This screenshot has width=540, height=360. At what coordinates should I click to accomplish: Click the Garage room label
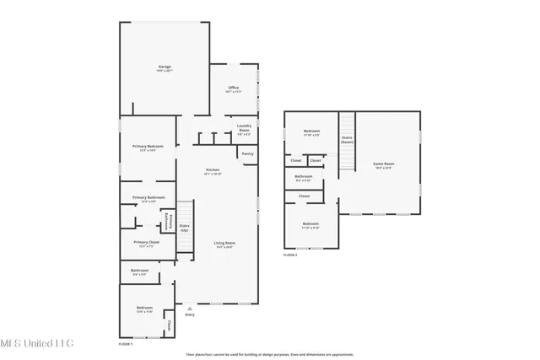click(x=165, y=67)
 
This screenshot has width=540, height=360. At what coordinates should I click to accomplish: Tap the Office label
click(x=235, y=88)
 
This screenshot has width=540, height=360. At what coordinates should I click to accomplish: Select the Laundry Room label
click(x=244, y=130)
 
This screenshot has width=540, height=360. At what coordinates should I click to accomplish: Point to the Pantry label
click(x=247, y=153)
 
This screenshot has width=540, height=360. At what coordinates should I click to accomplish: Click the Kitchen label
click(x=213, y=171)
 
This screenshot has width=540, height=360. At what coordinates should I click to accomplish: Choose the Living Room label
click(x=224, y=244)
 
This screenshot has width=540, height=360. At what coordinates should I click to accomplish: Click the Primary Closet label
click(x=145, y=244)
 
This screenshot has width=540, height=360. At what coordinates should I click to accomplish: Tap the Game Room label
click(x=384, y=164)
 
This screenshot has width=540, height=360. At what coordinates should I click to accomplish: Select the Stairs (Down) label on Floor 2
click(x=347, y=139)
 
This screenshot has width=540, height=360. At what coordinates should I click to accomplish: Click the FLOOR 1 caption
click(x=126, y=343)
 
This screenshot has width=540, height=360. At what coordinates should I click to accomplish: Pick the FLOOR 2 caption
click(x=290, y=254)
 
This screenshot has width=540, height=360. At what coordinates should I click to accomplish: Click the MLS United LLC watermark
click(x=37, y=343)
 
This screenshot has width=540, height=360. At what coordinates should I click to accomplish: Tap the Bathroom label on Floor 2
click(x=304, y=179)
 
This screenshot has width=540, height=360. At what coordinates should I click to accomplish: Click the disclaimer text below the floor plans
click(x=269, y=354)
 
